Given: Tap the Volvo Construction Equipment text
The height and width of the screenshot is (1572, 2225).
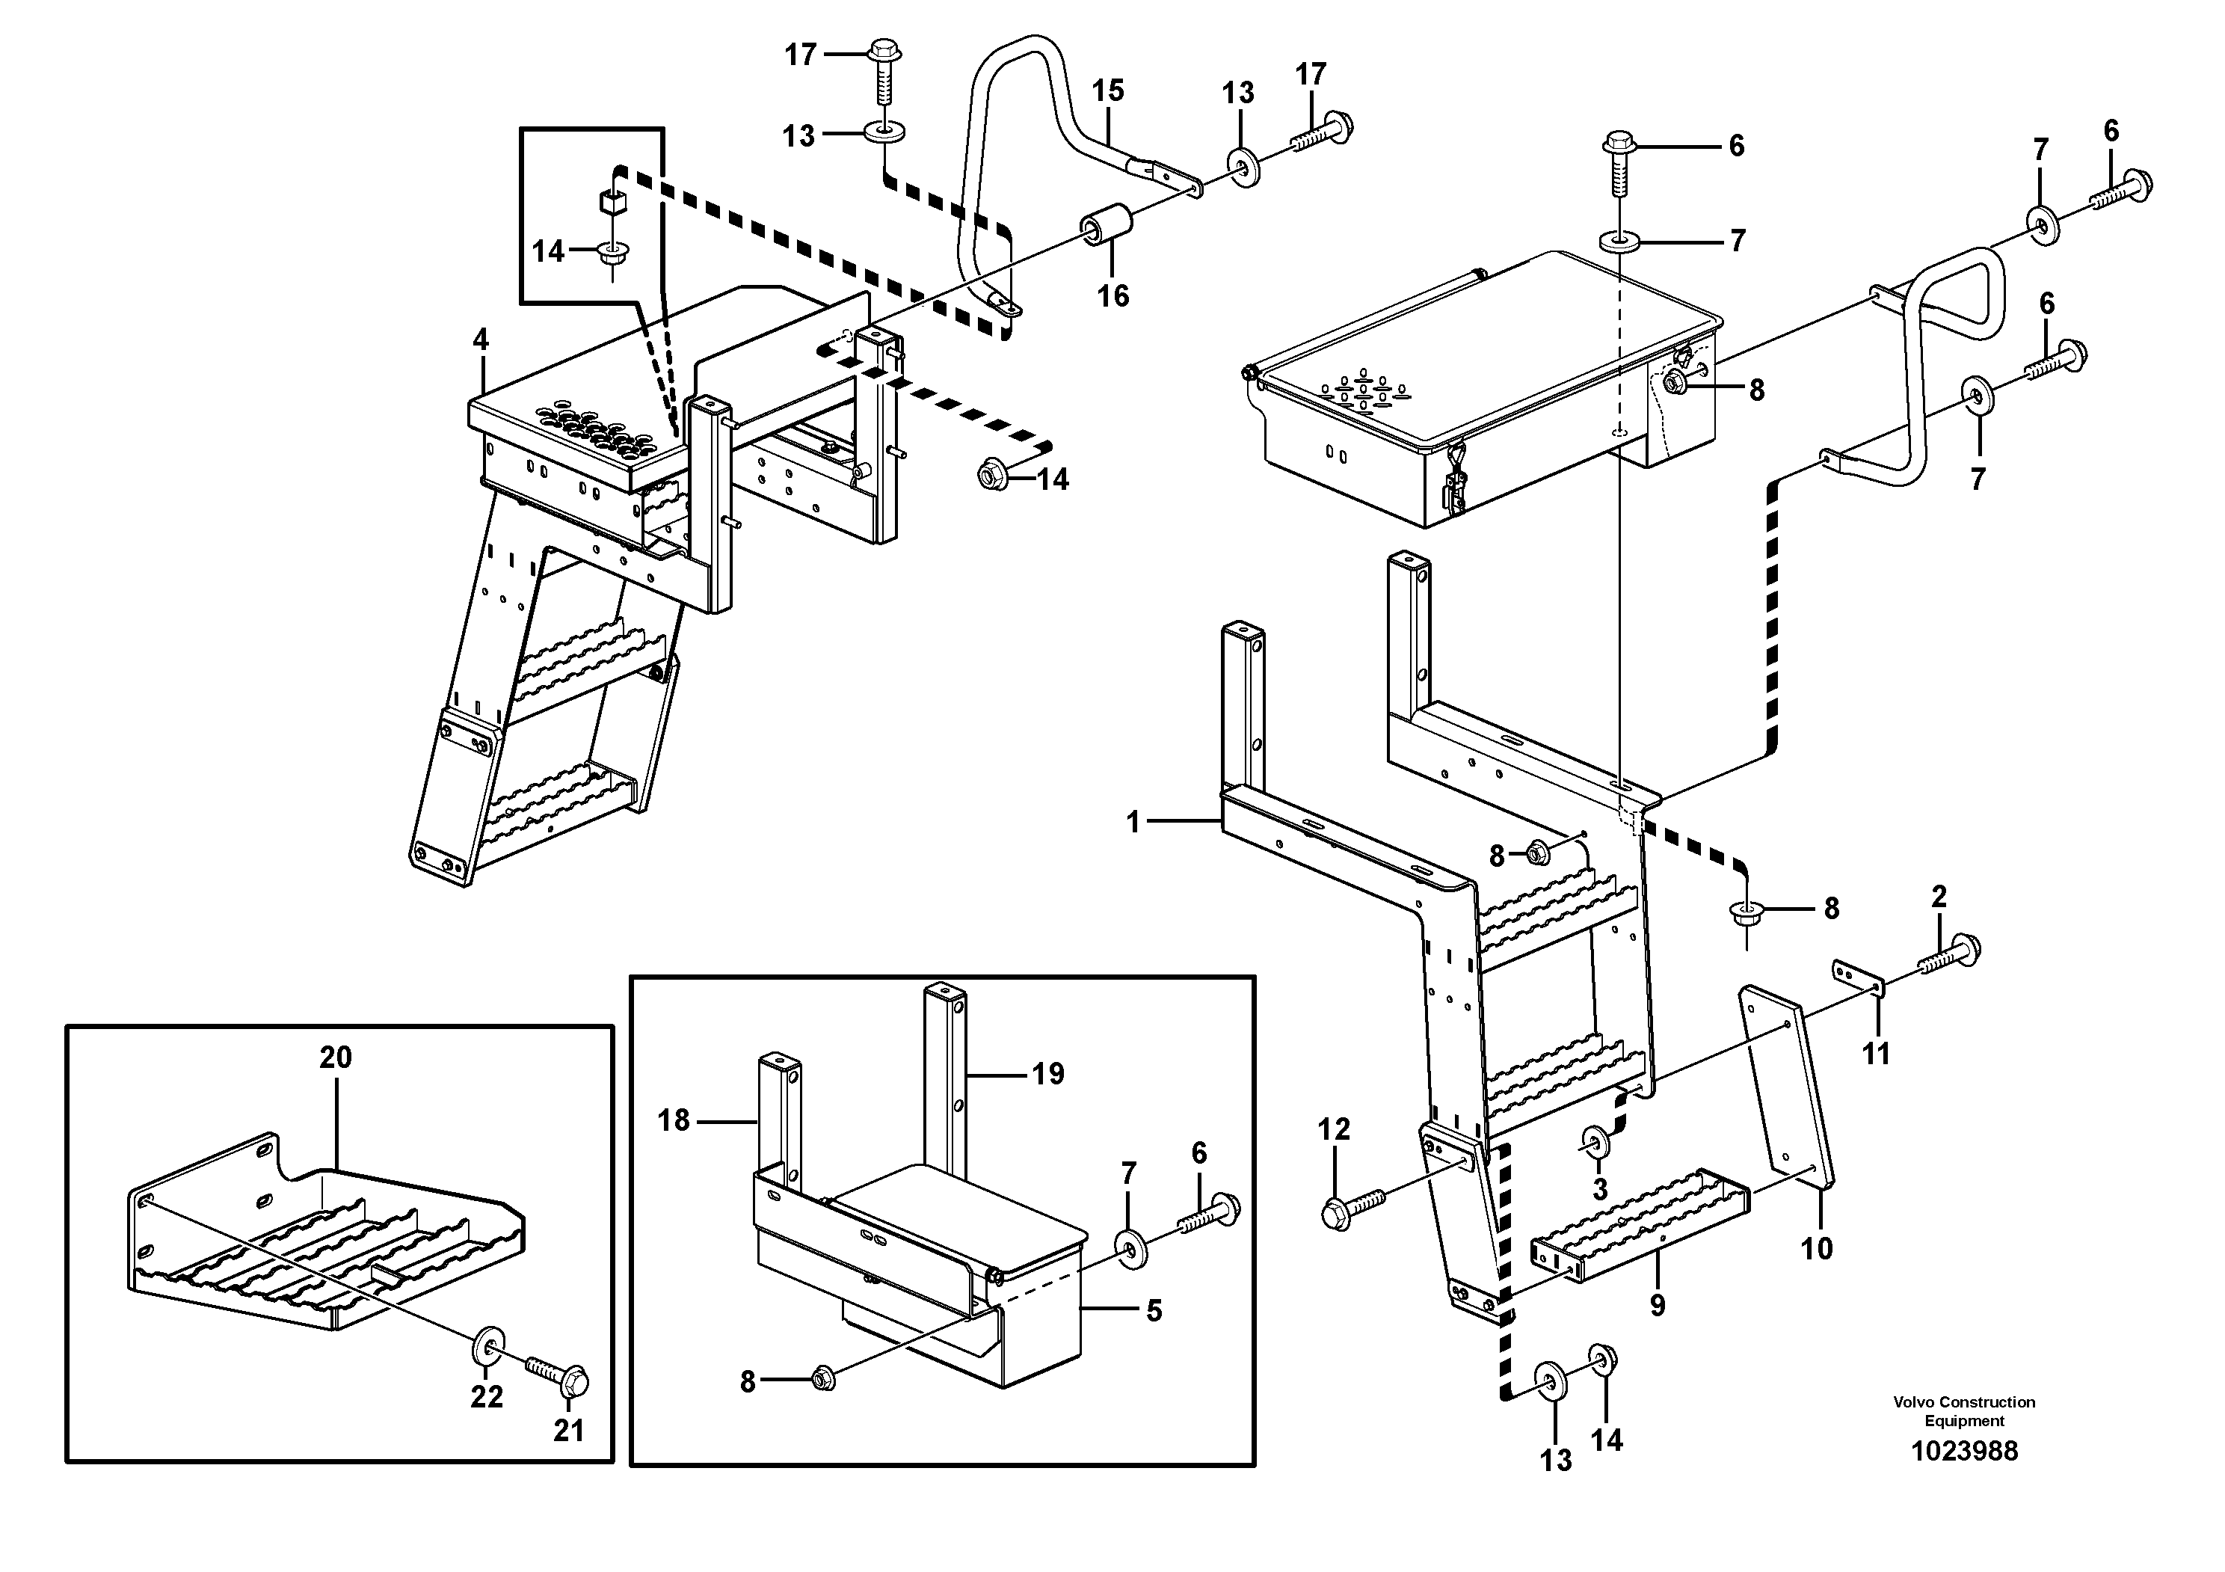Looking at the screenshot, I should (x=1963, y=1411).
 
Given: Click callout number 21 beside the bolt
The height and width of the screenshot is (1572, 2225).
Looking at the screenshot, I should (x=568, y=1431).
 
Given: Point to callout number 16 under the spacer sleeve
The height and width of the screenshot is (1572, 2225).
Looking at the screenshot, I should (x=1112, y=295).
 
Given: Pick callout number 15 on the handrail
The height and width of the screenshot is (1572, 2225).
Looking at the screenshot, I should (x=1108, y=91).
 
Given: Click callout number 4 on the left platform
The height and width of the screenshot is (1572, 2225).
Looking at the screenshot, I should (x=481, y=340).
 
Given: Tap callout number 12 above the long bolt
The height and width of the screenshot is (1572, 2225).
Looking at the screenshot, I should (x=1334, y=1129).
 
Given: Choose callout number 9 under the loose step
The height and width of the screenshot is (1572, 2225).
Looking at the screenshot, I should (x=1657, y=1306).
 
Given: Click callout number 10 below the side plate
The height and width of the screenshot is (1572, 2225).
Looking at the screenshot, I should (x=1816, y=1248).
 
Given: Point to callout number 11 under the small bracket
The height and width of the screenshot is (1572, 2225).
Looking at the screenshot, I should (x=1876, y=1054).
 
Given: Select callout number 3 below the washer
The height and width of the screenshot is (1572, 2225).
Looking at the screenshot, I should (x=1599, y=1188).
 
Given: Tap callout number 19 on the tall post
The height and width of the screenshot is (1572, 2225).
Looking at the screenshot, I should (x=1047, y=1074).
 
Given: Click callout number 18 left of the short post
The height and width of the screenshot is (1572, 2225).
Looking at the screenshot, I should (x=674, y=1120).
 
